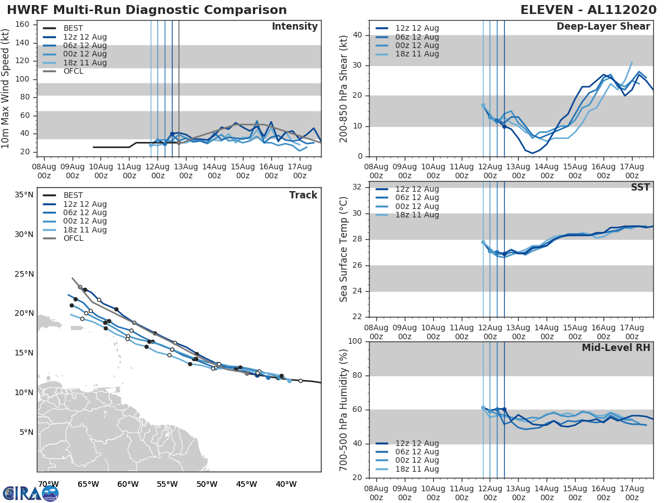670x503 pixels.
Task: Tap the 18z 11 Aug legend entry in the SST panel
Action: tap(417, 215)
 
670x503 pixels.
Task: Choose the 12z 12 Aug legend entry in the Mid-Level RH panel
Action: tap(417, 443)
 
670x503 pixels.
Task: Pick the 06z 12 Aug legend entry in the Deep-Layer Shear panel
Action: tap(417, 37)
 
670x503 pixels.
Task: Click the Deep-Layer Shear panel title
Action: tap(603, 27)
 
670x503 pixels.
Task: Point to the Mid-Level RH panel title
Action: tap(616, 348)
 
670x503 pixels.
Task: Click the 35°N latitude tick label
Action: tap(23, 195)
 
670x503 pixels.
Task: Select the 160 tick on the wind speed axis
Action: tap(22, 25)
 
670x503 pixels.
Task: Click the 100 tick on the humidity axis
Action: tap(356, 341)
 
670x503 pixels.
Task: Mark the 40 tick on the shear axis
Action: tap(358, 35)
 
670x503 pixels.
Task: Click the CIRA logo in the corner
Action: tap(31, 493)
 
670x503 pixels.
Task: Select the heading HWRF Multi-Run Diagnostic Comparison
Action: tap(147, 10)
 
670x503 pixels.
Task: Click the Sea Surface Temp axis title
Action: tap(344, 250)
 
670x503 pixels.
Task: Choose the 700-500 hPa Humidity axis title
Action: tap(344, 409)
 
